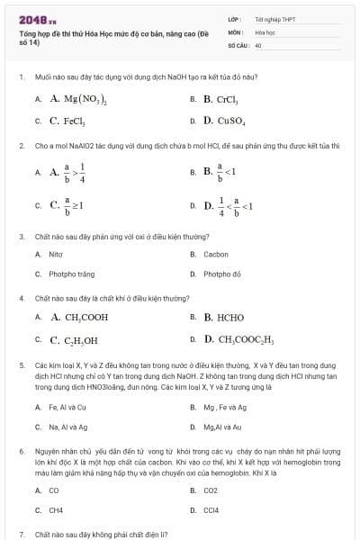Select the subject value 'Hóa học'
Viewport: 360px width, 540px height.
click(x=264, y=31)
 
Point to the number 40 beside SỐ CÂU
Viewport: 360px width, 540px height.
click(x=258, y=44)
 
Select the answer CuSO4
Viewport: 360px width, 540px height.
click(x=225, y=121)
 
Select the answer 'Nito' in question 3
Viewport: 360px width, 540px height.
click(x=56, y=255)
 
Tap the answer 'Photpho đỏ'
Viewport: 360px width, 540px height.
click(x=222, y=274)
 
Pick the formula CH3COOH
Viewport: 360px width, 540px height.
click(x=86, y=318)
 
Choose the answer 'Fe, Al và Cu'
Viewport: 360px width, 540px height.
click(x=67, y=407)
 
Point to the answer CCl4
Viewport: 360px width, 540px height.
click(x=211, y=510)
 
